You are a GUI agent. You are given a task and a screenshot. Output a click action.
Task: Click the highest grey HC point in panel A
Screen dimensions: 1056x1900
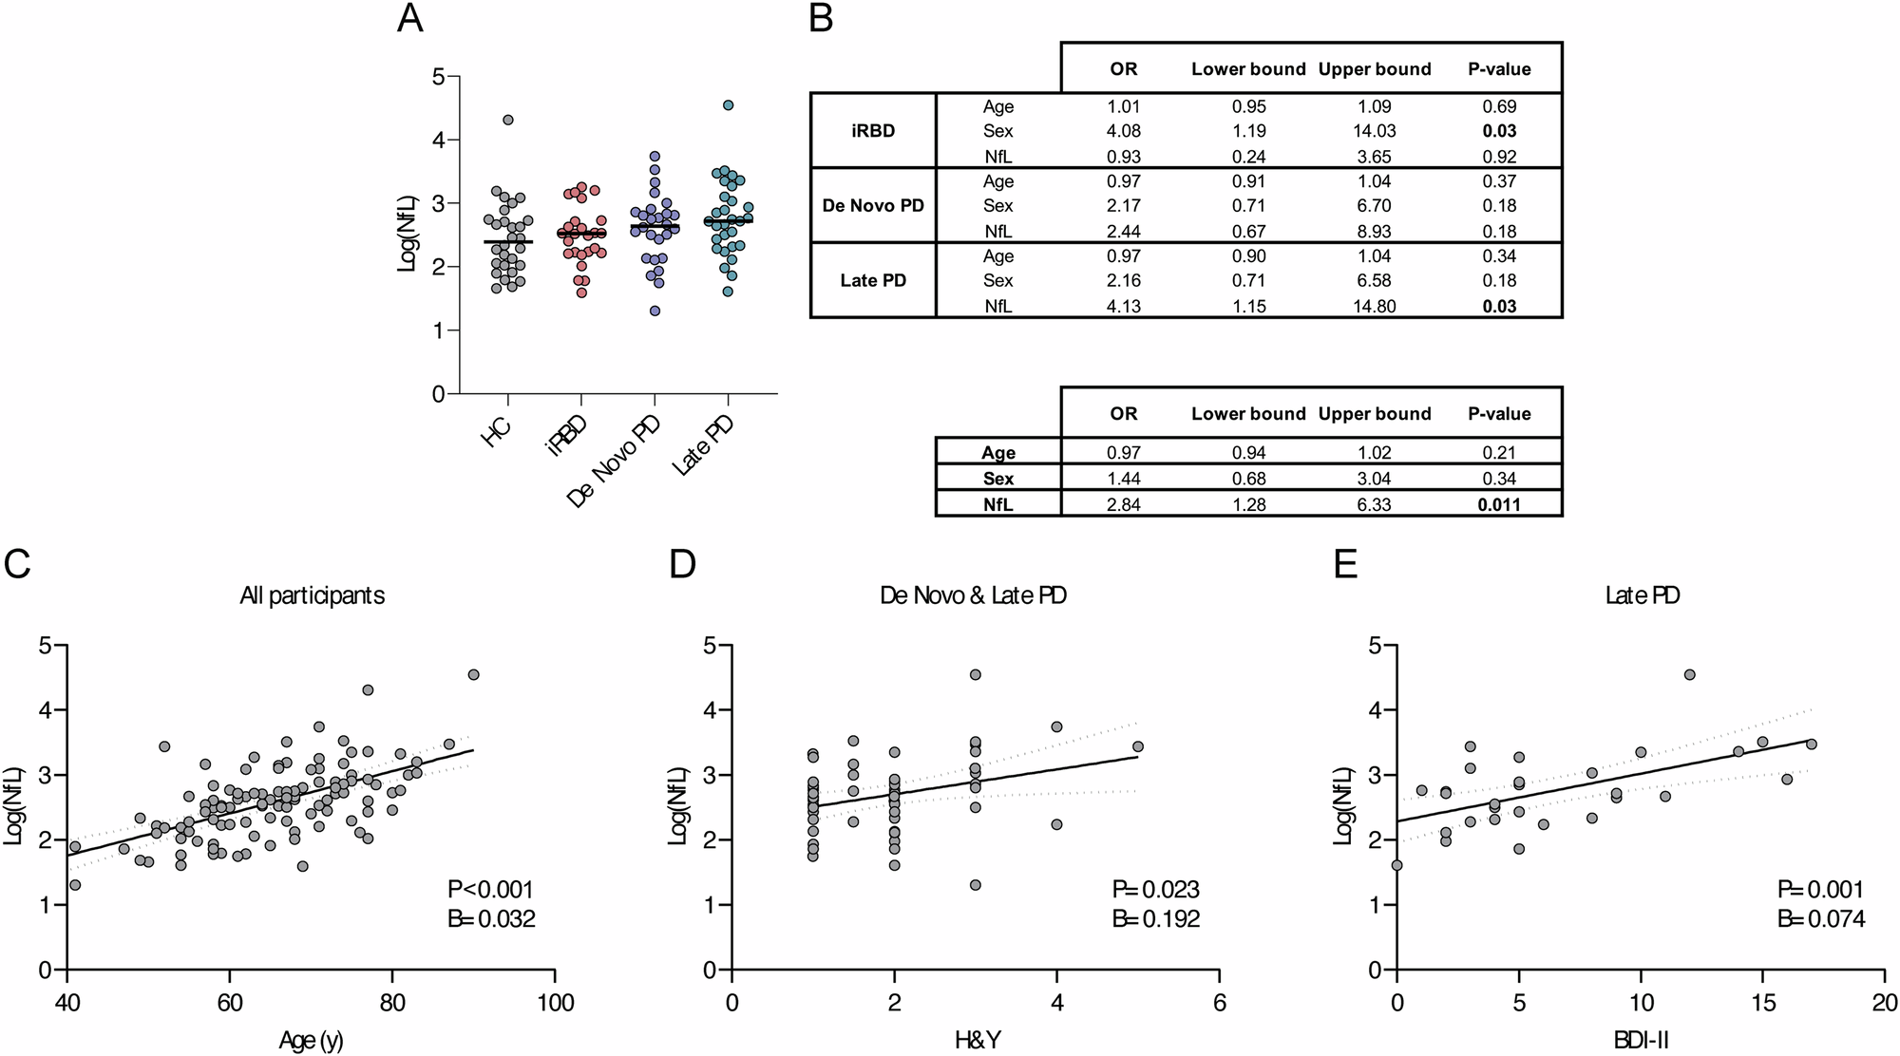point(508,120)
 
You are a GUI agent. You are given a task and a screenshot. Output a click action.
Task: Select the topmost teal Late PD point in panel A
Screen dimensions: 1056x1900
point(728,105)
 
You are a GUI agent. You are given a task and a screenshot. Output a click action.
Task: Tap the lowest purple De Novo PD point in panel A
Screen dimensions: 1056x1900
point(655,311)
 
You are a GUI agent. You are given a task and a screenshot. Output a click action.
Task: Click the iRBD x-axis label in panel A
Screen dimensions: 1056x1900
point(567,438)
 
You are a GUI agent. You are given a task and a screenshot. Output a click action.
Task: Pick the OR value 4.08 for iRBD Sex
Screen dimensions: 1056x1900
point(1124,131)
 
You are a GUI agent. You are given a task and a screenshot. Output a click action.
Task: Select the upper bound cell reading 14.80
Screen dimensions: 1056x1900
point(1375,306)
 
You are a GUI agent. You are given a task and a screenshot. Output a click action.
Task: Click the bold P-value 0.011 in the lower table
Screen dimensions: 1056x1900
point(1499,504)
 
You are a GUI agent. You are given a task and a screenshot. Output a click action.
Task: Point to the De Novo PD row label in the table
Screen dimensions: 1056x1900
point(873,205)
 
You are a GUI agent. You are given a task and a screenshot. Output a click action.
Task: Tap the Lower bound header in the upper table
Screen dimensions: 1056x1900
point(1248,69)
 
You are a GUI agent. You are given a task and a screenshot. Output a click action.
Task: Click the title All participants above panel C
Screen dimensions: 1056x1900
point(312,596)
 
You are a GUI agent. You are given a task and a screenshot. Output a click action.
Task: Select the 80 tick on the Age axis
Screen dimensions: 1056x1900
point(391,1003)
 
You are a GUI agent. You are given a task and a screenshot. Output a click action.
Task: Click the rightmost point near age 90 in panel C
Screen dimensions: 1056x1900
point(474,674)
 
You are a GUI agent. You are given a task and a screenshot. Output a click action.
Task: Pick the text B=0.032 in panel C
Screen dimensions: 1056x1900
point(491,918)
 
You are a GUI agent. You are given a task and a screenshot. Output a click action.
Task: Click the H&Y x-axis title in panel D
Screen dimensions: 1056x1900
point(978,1041)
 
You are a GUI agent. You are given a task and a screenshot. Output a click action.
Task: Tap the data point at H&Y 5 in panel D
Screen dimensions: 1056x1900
point(1138,746)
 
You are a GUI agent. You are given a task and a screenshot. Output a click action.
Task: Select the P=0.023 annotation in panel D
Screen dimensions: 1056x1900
point(1156,890)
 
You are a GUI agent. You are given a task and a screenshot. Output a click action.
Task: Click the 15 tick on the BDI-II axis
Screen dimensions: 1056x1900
point(1763,1003)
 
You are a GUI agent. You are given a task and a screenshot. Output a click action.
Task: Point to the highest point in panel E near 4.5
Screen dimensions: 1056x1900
point(1689,674)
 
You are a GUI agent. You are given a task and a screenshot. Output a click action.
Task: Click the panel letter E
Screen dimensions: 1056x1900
point(1344,564)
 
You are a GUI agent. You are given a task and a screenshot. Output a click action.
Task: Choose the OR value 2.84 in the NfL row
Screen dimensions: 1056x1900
point(1124,504)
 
